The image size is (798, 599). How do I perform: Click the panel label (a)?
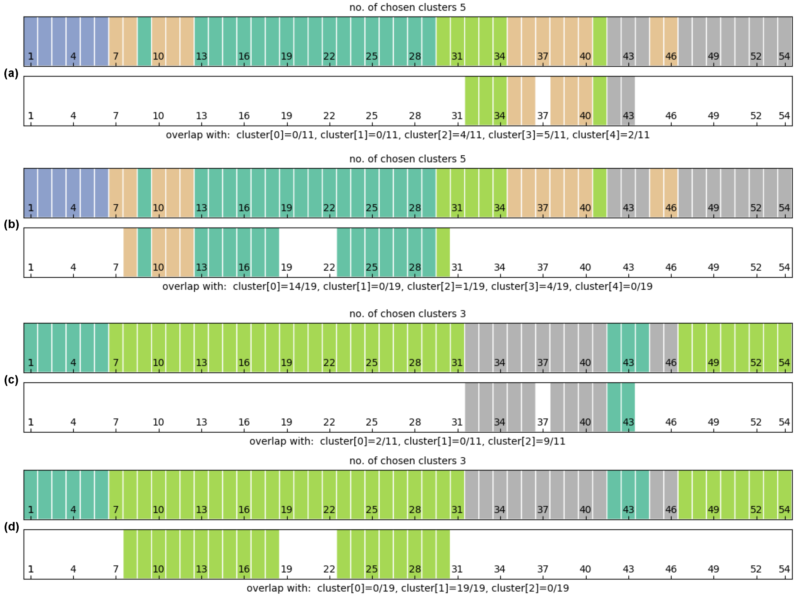(11, 74)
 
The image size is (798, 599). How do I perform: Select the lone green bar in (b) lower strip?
(443, 252)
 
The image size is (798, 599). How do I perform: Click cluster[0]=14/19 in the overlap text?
(275, 287)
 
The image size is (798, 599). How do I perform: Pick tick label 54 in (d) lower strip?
(784, 569)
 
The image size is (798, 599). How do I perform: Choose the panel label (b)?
(11, 225)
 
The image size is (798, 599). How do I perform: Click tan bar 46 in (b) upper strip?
(671, 193)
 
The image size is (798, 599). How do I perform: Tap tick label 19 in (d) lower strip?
(286, 569)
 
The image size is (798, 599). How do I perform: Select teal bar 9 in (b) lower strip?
(144, 252)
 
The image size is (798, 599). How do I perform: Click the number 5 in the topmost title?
(462, 7)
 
